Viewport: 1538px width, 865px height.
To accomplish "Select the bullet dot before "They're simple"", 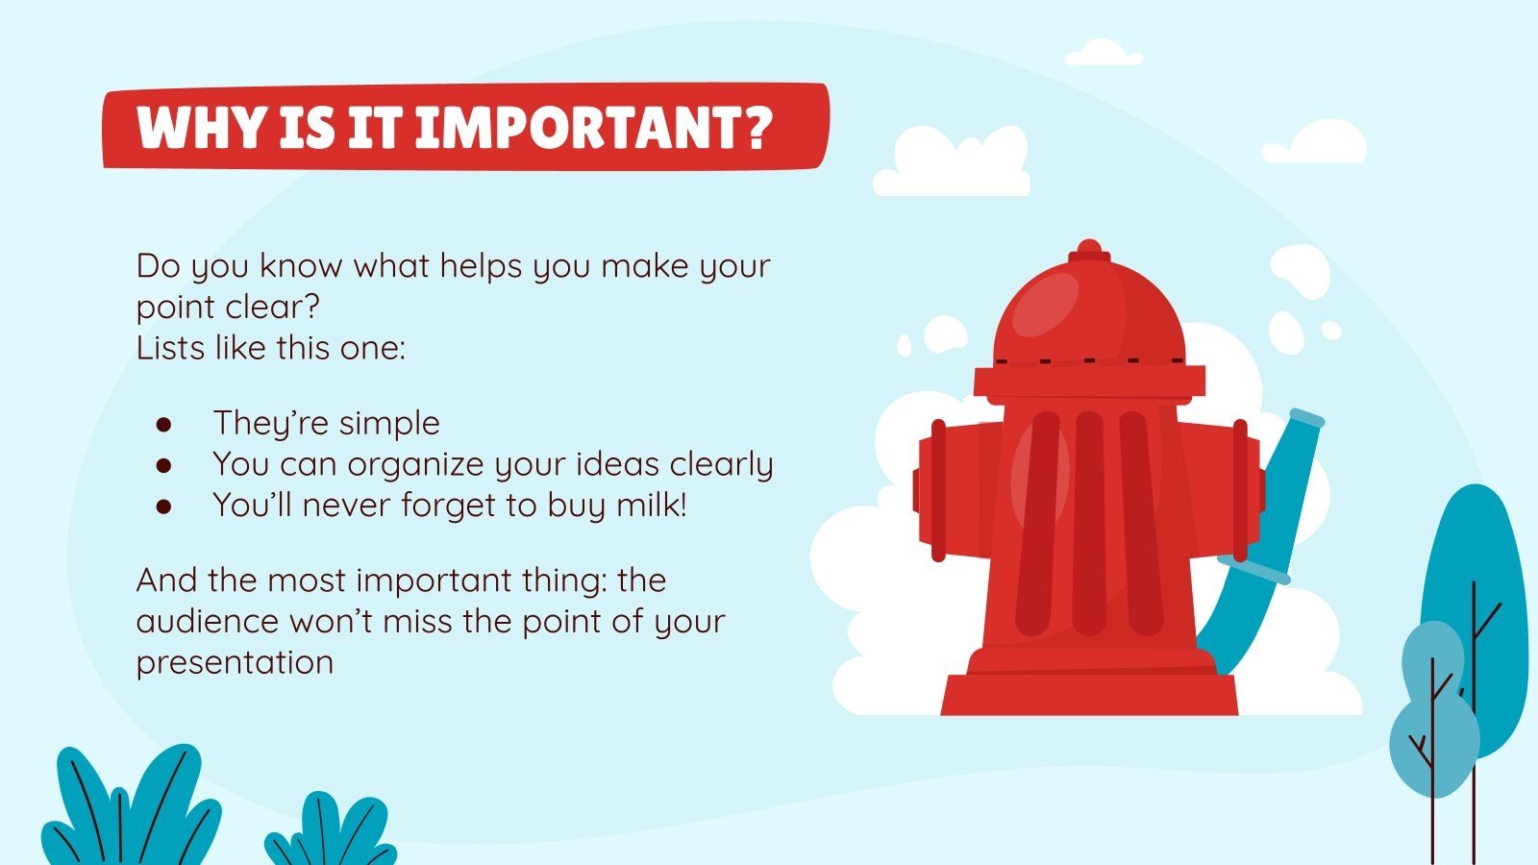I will point(163,424).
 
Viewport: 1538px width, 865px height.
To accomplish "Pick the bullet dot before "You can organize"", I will point(163,465).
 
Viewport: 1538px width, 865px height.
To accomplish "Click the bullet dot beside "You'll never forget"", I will point(163,507).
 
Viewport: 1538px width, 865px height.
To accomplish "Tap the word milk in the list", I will point(649,505).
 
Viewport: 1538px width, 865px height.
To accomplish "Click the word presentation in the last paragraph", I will point(235,662).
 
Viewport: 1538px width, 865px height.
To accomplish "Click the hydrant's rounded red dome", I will point(1088,308).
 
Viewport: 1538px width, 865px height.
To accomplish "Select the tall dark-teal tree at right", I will point(1476,596).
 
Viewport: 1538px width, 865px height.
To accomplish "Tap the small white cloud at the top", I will point(1103,52).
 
